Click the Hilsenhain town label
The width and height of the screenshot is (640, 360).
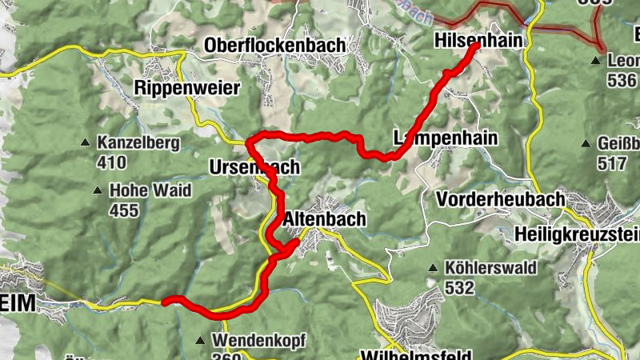478,40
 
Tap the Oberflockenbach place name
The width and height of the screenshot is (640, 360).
274,46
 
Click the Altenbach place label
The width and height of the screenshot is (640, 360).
324,218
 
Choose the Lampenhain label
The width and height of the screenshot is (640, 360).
446,138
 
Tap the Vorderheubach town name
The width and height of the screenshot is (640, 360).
501,198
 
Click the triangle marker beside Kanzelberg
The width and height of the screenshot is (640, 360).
85,144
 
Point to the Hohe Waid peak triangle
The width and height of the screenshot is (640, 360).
98,191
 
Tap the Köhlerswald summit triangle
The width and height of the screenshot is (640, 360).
433,268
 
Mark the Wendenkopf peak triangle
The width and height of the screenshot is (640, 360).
200,341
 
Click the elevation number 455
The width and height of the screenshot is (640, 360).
124,210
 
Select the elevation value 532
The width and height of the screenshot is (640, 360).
460,288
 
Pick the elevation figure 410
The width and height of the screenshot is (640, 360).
111,162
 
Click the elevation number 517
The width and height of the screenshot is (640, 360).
612,163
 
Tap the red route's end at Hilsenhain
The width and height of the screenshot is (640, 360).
476,46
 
